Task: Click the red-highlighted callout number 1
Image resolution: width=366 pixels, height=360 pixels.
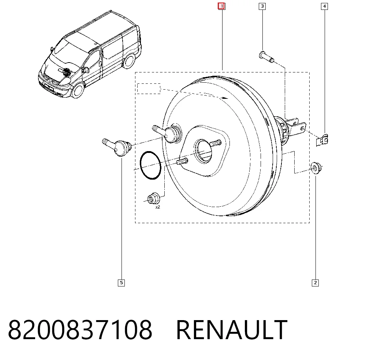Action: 221,6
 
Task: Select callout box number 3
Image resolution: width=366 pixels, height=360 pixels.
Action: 262,6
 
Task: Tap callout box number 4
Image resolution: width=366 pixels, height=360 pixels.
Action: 324,6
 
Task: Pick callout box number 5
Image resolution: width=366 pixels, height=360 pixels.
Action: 121,283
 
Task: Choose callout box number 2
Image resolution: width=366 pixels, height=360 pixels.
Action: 315,283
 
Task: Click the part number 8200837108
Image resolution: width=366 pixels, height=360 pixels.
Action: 80,330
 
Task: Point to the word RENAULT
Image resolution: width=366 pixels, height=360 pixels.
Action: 232,330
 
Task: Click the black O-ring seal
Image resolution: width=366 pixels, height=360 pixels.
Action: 150,165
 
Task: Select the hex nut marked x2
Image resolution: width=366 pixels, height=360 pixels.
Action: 153,199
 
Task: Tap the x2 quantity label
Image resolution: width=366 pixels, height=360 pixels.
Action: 158,207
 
